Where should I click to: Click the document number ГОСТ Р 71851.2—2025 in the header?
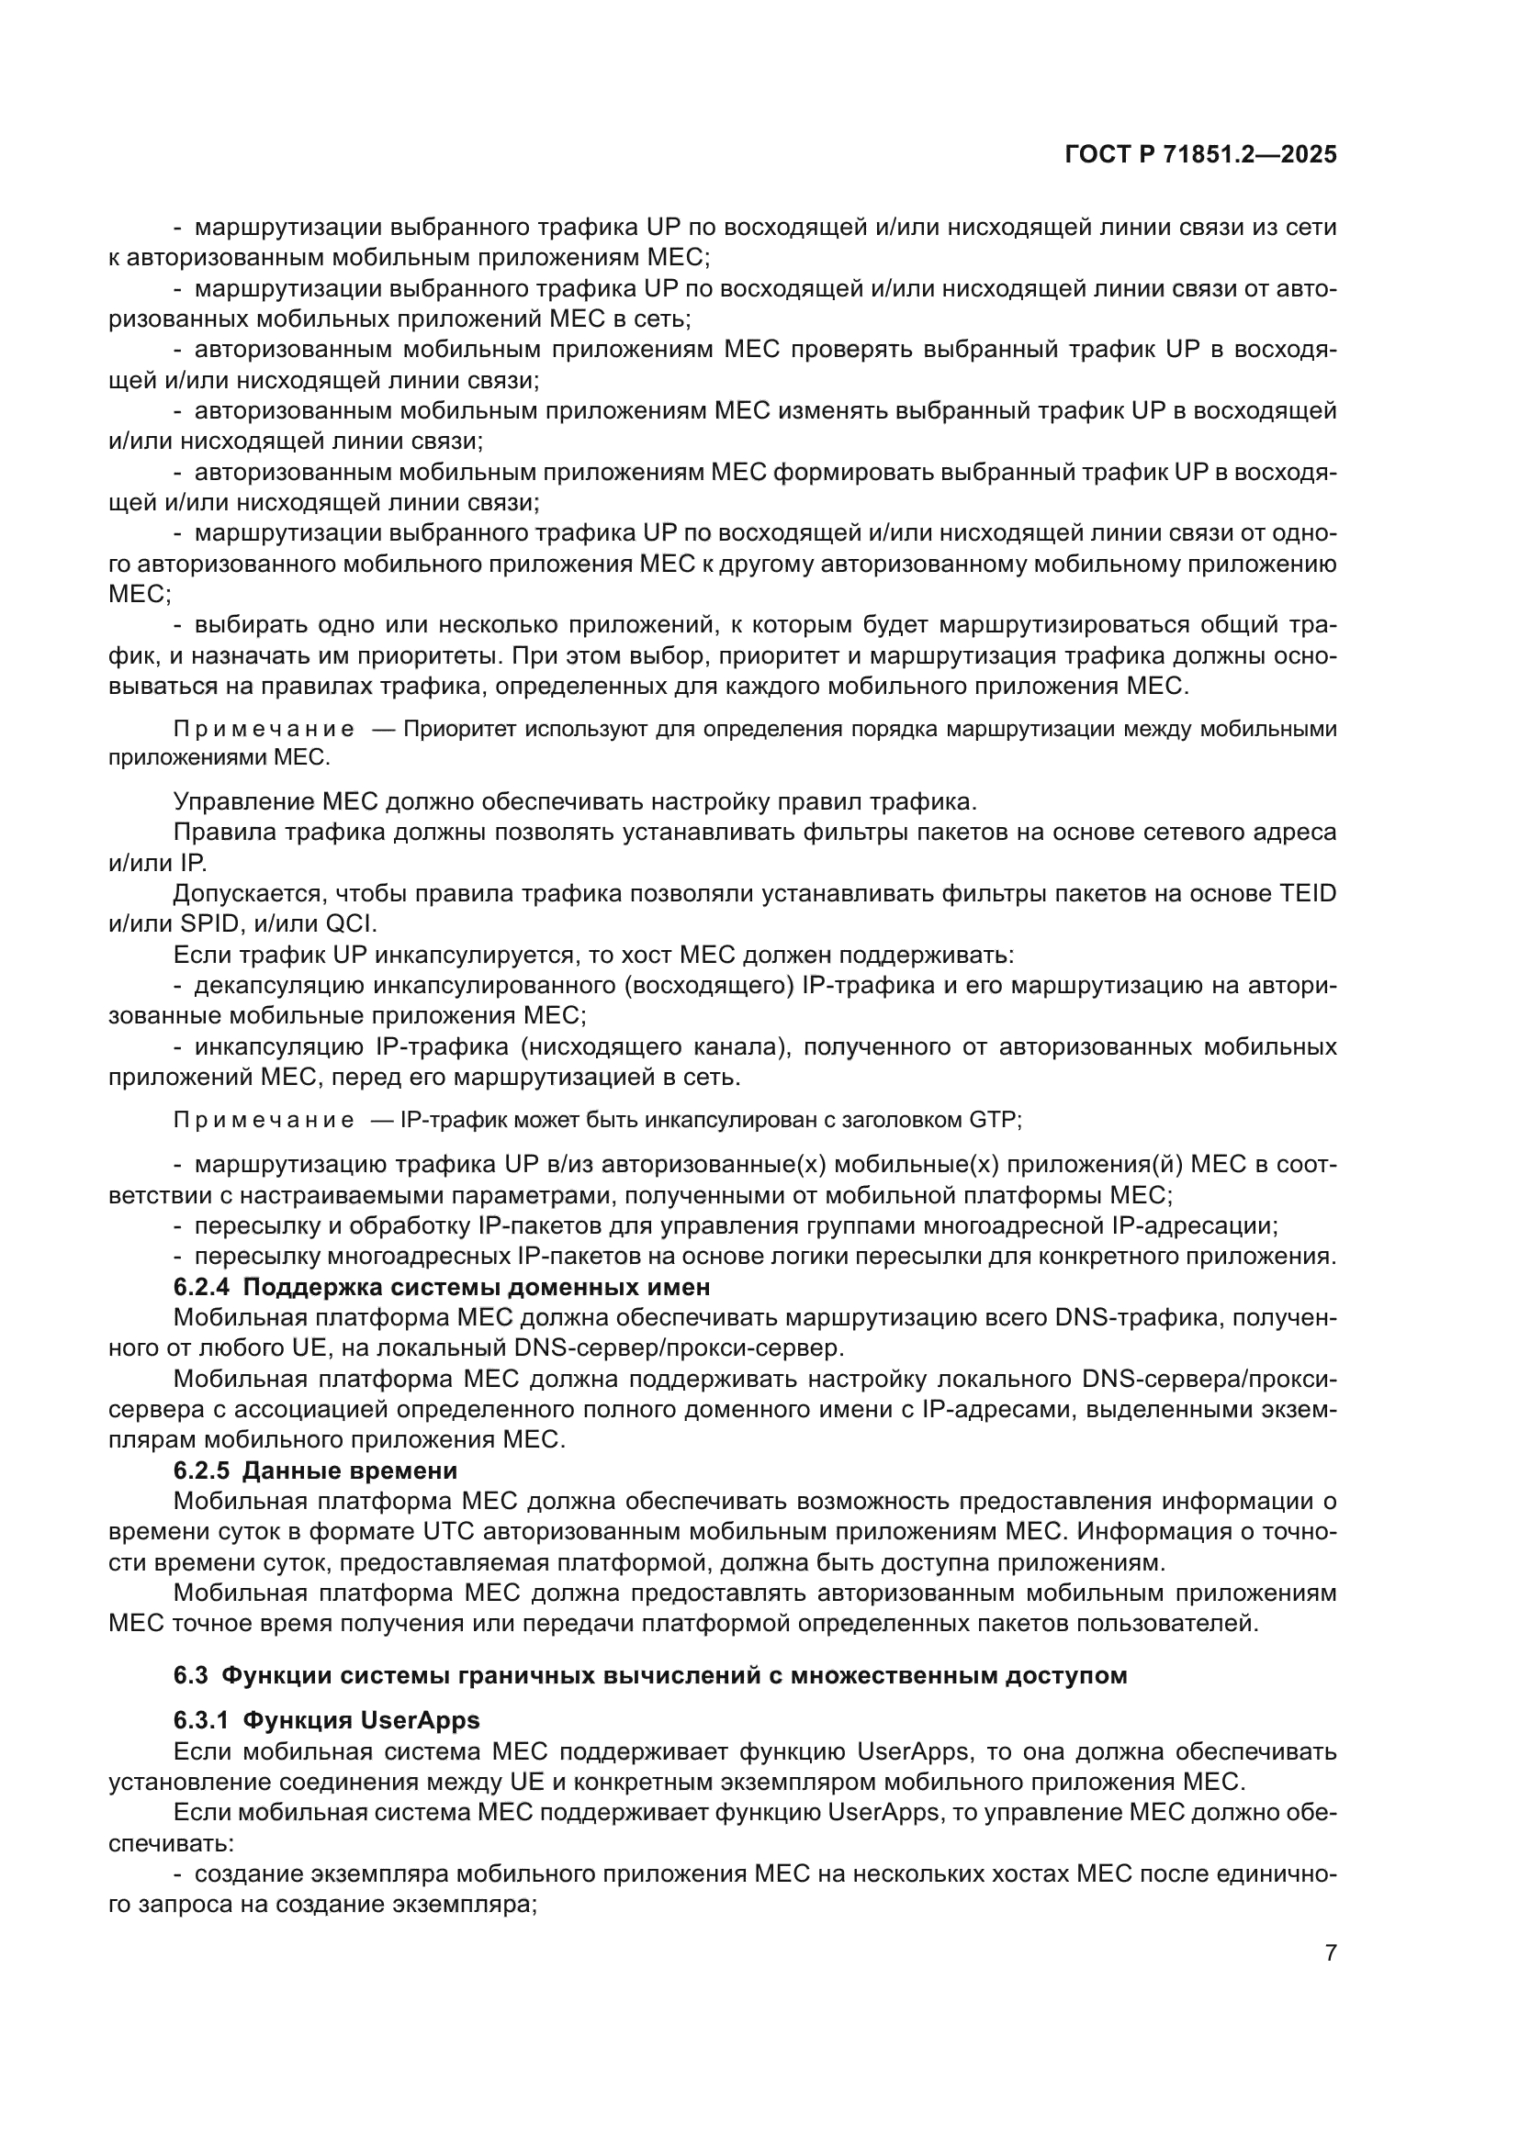click(x=1200, y=154)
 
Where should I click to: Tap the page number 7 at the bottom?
click(x=1330, y=1952)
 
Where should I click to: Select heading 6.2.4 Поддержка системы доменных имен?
click(x=442, y=1287)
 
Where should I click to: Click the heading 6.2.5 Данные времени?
click(x=315, y=1470)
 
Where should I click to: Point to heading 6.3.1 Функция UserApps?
click(x=326, y=1719)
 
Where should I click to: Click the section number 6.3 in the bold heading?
click(x=190, y=1675)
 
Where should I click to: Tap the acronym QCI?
click(x=351, y=924)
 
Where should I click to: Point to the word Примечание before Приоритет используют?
click(x=264, y=729)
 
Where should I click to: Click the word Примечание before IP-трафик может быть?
click(x=264, y=1119)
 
